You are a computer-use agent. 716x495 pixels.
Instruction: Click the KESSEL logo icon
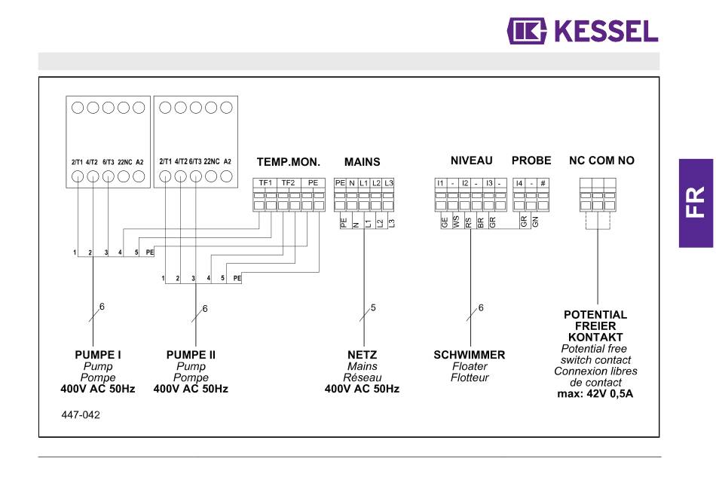[527, 31]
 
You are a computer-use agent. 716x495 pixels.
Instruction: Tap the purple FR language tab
[696, 203]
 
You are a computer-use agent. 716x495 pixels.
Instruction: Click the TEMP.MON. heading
[289, 162]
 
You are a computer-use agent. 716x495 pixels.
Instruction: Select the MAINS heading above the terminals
[362, 162]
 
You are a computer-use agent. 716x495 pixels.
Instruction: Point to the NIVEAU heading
[472, 160]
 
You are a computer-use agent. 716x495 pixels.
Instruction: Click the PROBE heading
[531, 160]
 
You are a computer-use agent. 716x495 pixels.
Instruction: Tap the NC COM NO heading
[602, 160]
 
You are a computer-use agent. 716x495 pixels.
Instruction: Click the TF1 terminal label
[265, 183]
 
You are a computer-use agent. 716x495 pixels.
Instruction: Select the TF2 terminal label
[288, 183]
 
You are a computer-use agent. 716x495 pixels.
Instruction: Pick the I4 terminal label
[519, 183]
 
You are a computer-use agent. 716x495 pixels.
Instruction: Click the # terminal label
[543, 183]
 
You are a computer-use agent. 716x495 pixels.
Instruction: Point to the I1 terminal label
[440, 183]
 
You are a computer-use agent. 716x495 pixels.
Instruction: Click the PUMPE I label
[98, 355]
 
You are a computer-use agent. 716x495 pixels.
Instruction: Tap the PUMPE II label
[191, 355]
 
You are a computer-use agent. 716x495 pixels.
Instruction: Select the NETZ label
[362, 355]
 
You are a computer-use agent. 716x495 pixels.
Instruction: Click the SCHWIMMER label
[470, 355]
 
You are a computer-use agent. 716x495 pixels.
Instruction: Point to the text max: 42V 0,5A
[595, 393]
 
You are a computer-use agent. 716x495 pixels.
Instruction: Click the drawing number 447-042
[81, 415]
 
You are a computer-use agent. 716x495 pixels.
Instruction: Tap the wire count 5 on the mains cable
[373, 308]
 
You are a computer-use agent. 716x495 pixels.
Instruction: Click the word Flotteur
[470, 377]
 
